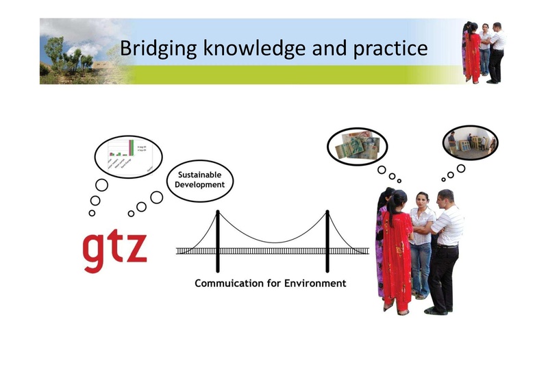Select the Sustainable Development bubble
click(199, 180)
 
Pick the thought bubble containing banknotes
click(356, 146)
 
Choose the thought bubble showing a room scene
click(470, 142)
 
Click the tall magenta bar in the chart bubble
click(131, 148)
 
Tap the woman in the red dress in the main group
click(397, 253)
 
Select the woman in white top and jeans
click(421, 243)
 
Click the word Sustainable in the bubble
click(199, 175)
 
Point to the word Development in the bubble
click(199, 185)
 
